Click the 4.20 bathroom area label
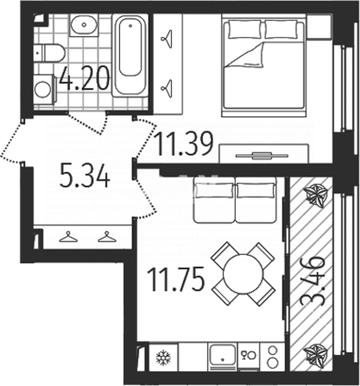[84, 78]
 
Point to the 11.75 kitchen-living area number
[175, 279]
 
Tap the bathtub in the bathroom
[130, 56]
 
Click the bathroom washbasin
[84, 25]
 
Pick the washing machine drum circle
[43, 89]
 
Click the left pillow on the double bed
[245, 30]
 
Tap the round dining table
[242, 274]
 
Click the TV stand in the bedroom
[264, 153]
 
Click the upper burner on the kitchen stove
[272, 350]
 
